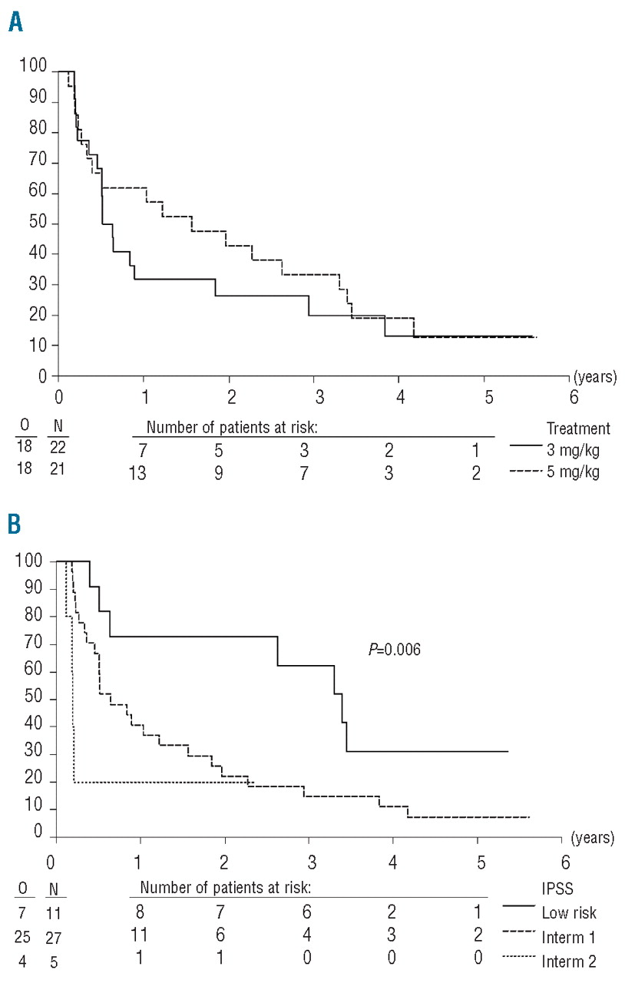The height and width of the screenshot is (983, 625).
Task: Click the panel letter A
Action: point(15,22)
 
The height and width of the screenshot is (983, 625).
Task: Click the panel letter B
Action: point(15,528)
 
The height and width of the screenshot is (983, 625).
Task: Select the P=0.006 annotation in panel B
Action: point(395,650)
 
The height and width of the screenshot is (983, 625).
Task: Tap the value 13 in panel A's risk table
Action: point(137,473)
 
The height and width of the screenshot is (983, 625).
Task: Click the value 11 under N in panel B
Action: point(55,913)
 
